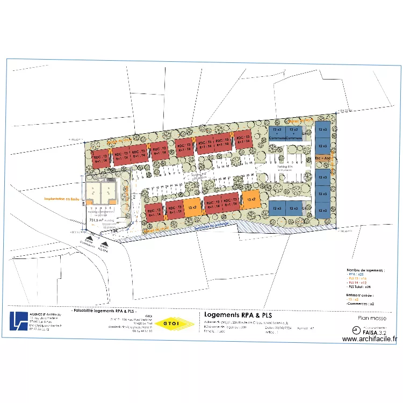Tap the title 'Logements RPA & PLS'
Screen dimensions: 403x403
(236, 315)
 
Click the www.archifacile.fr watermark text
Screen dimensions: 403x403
(369, 339)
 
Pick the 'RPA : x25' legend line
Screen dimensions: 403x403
(357, 274)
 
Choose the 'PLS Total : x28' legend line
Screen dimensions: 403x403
(361, 287)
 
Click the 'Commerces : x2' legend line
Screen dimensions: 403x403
(360, 304)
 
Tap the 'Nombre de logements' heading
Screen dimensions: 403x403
(360, 269)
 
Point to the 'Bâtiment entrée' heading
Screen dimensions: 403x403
(359, 295)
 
